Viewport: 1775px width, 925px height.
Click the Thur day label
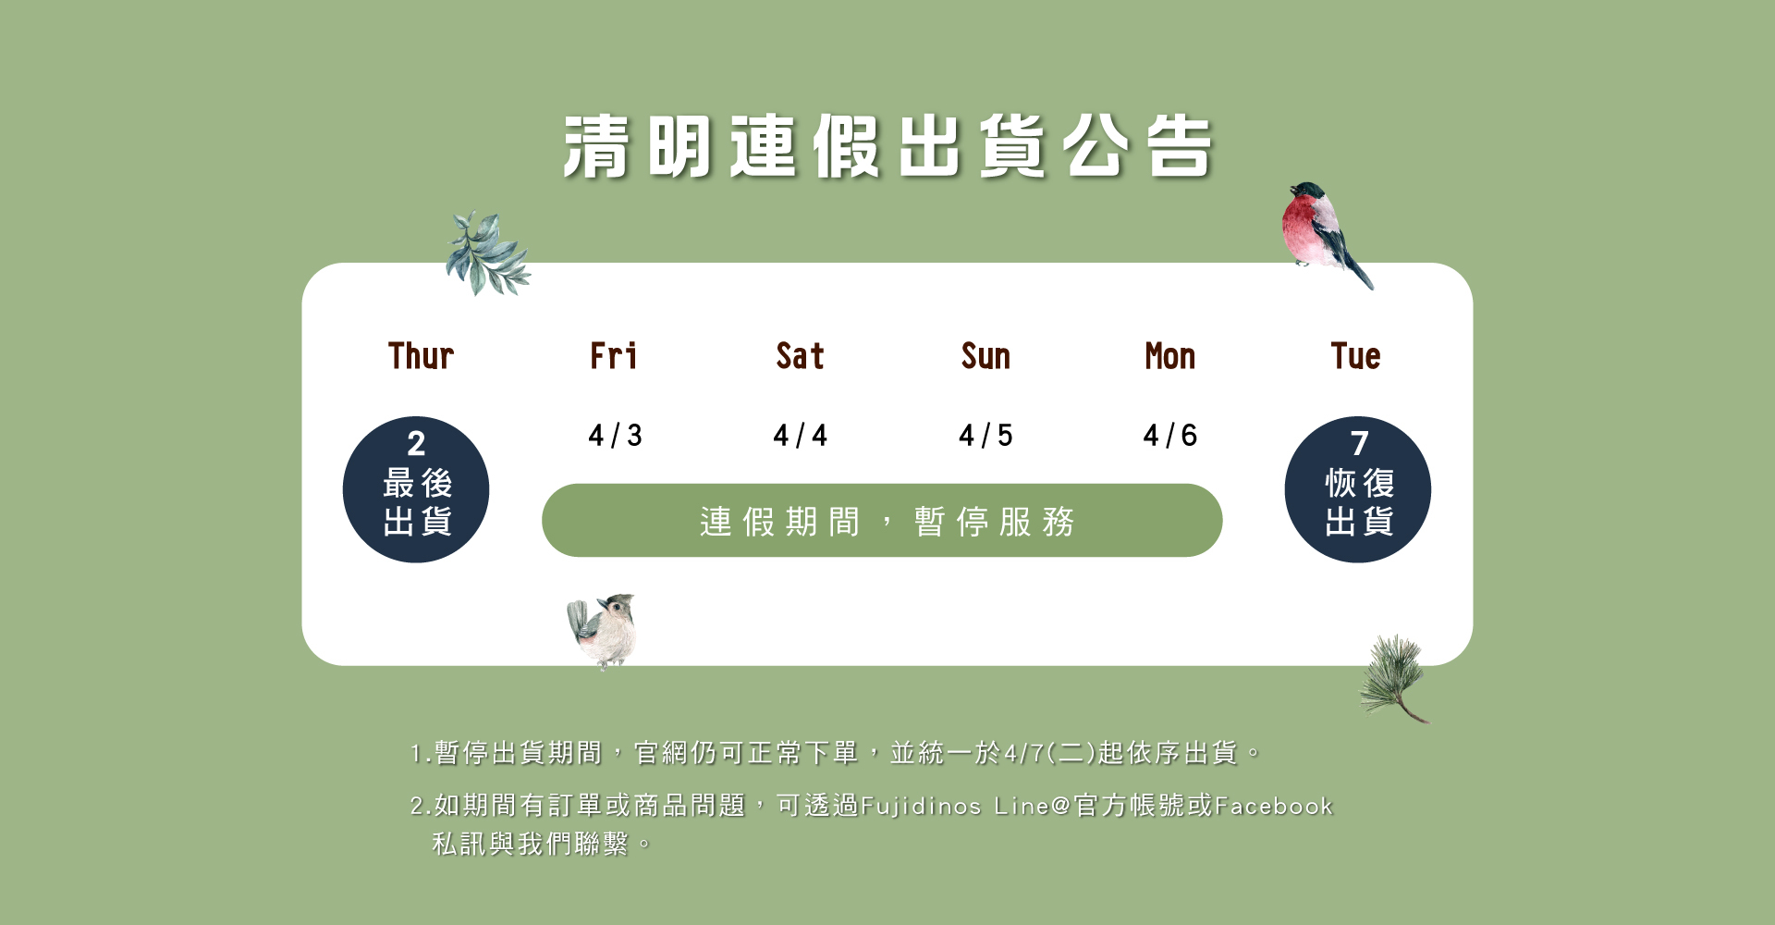(x=421, y=356)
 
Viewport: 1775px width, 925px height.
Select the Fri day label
(x=614, y=356)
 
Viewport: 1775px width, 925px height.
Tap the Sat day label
(x=800, y=356)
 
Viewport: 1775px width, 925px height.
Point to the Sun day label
(x=985, y=356)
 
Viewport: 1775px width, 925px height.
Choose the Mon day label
(x=1170, y=356)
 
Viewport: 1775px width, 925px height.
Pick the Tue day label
(x=1355, y=356)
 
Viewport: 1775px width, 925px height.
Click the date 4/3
(x=615, y=435)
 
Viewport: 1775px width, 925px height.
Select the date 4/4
(x=800, y=435)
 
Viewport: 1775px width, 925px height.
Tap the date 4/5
(x=985, y=435)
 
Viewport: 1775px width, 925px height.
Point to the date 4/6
(x=1170, y=435)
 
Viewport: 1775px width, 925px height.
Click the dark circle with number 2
(x=416, y=489)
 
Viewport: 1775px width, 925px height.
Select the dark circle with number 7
(x=1358, y=489)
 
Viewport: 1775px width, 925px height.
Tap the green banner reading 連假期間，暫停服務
(x=882, y=520)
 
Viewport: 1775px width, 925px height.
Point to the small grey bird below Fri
(x=603, y=631)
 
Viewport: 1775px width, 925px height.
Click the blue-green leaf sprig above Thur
(x=487, y=254)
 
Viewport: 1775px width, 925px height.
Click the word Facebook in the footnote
(x=1273, y=806)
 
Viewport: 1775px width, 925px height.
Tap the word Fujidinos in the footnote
(x=921, y=807)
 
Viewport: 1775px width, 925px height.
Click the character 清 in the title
(x=597, y=146)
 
